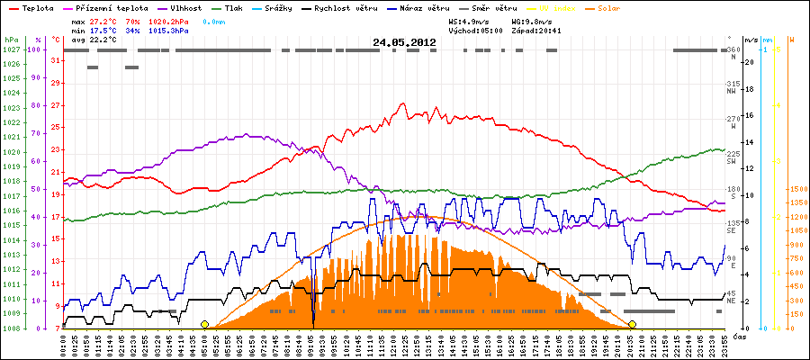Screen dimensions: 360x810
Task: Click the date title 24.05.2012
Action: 404,41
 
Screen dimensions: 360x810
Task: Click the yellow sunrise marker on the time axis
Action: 204,324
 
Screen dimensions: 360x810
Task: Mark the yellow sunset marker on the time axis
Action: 632,324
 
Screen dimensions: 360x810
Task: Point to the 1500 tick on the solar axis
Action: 798,190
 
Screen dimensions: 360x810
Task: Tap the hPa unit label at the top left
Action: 10,40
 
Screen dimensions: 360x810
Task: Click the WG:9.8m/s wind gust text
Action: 528,19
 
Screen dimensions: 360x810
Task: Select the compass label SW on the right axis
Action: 732,160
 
